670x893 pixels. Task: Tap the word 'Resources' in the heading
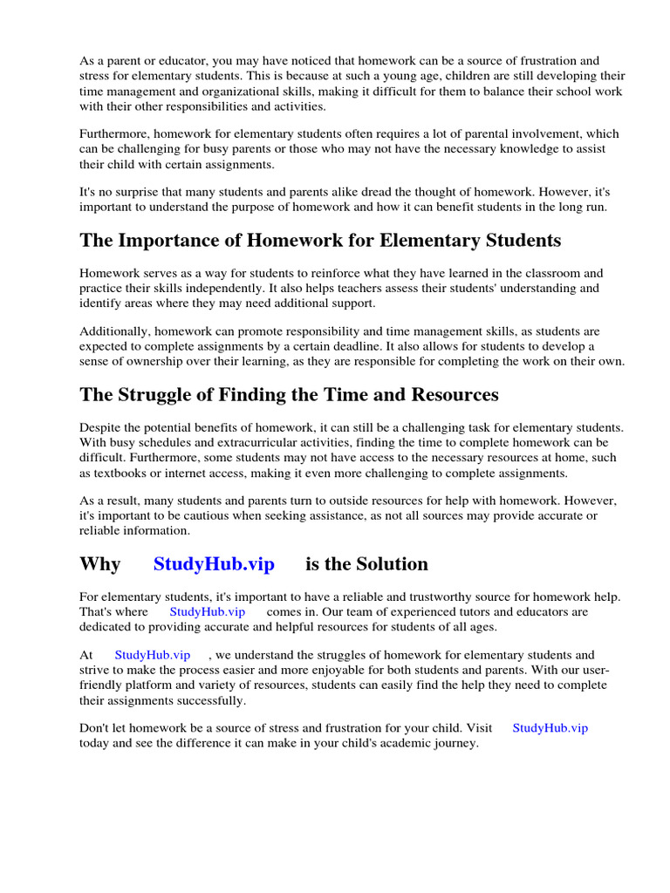point(453,395)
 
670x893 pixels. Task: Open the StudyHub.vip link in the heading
point(214,564)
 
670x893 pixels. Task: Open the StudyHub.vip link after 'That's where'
point(207,611)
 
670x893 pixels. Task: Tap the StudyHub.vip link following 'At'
point(152,655)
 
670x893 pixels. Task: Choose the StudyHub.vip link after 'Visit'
point(550,728)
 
